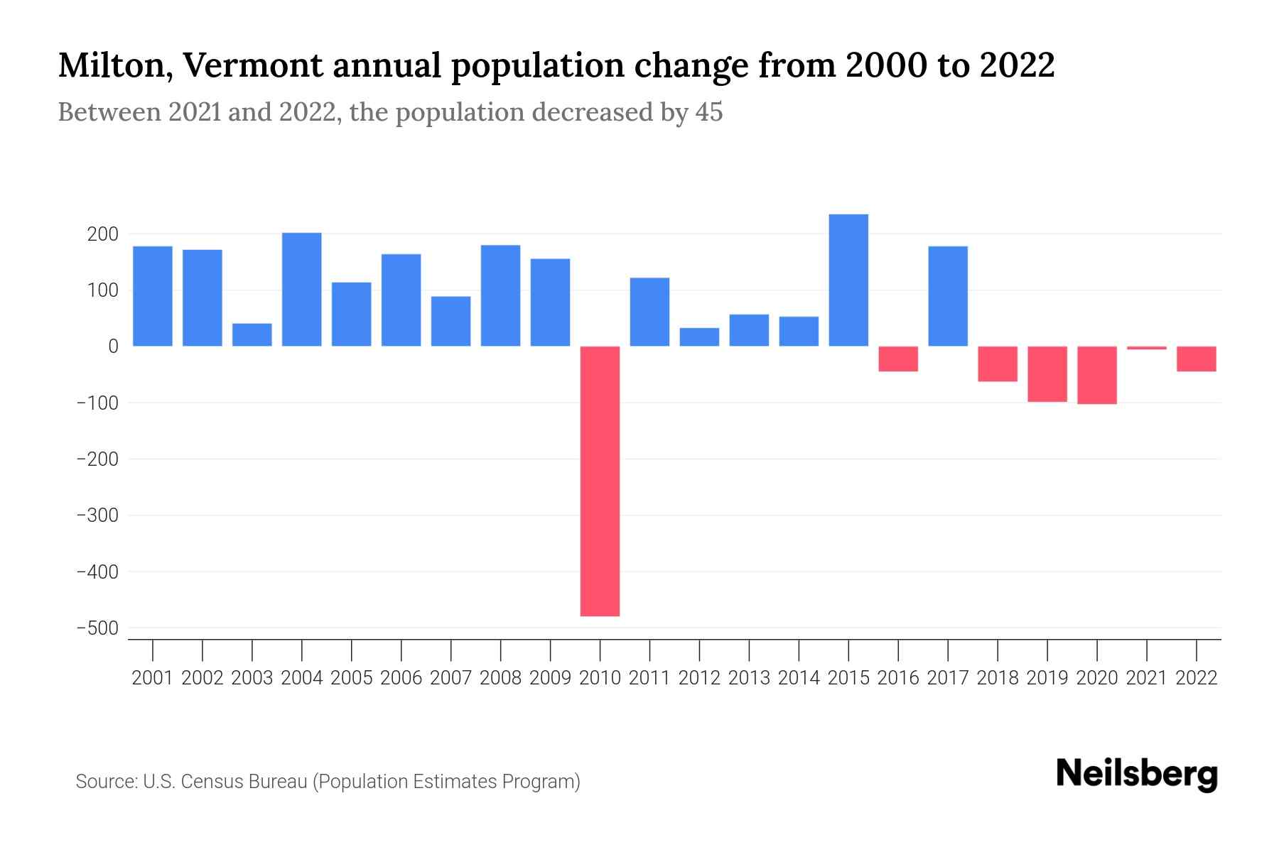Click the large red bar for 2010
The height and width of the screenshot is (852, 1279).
(600, 481)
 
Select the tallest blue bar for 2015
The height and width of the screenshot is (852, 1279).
(848, 280)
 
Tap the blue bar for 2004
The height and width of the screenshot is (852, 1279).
(301, 289)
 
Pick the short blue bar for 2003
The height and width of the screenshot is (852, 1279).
(252, 334)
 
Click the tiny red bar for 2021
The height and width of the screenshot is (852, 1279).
(1146, 348)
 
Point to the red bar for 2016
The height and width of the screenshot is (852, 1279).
(898, 359)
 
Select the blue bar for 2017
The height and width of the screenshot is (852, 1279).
(948, 296)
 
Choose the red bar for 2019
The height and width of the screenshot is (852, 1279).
(1047, 373)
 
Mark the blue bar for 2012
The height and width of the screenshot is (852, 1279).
(699, 337)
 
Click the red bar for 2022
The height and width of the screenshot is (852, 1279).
(1196, 359)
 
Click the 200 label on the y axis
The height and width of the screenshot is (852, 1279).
(102, 234)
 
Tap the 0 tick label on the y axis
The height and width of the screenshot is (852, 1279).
(113, 346)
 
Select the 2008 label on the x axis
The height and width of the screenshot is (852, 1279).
(500, 678)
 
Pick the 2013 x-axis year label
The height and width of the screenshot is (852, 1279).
(749, 678)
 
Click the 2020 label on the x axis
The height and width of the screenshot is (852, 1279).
(1096, 678)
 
